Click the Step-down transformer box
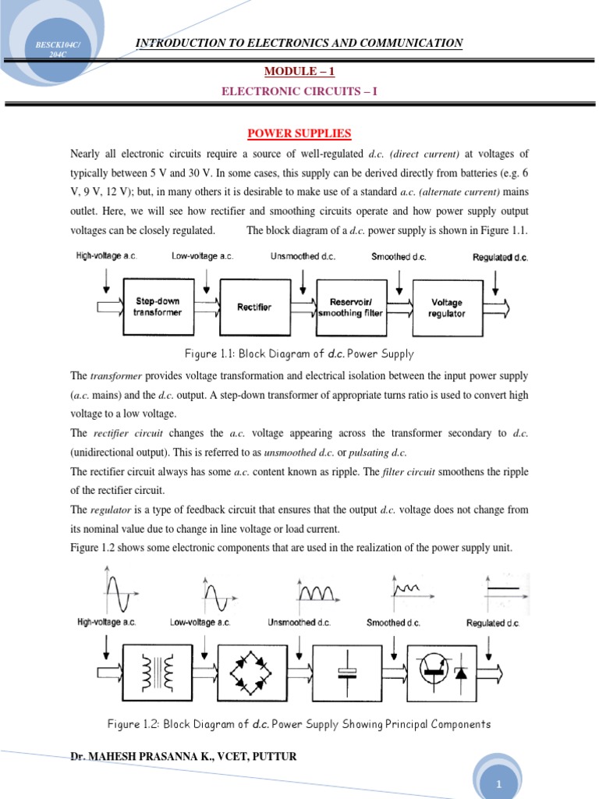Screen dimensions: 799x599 tap(158, 307)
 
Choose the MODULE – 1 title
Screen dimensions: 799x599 tap(299, 72)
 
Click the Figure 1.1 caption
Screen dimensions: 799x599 tap(299, 354)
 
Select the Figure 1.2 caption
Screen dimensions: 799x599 tap(299, 724)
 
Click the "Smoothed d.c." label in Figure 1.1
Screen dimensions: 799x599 tap(399, 257)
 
